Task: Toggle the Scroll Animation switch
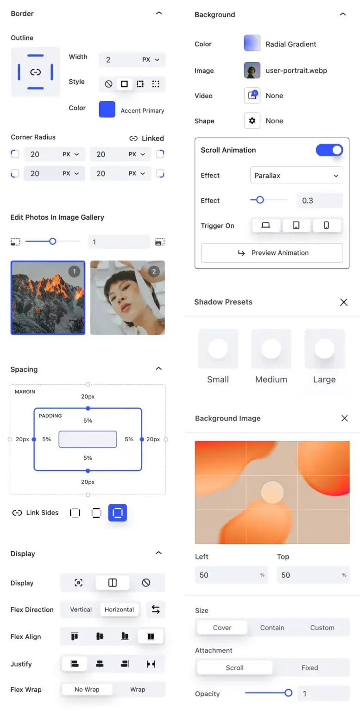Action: [x=329, y=150]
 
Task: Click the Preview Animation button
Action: [x=272, y=253]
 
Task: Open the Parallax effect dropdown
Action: [x=296, y=176]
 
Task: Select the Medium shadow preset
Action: [x=271, y=356]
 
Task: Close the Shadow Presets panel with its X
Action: [x=343, y=302]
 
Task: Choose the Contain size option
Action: [x=272, y=628]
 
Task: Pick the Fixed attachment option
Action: [x=309, y=667]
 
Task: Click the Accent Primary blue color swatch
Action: [x=107, y=109]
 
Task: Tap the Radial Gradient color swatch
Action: [x=252, y=43]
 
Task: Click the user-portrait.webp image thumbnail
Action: [x=252, y=70]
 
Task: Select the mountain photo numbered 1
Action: [x=48, y=298]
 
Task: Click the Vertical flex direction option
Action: [x=81, y=610]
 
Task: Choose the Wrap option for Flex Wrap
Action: [x=138, y=689]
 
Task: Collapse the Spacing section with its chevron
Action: [x=158, y=369]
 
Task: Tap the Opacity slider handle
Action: [x=288, y=693]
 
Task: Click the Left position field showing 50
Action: [x=231, y=575]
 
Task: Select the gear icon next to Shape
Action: [x=252, y=121]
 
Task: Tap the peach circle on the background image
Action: [x=272, y=492]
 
